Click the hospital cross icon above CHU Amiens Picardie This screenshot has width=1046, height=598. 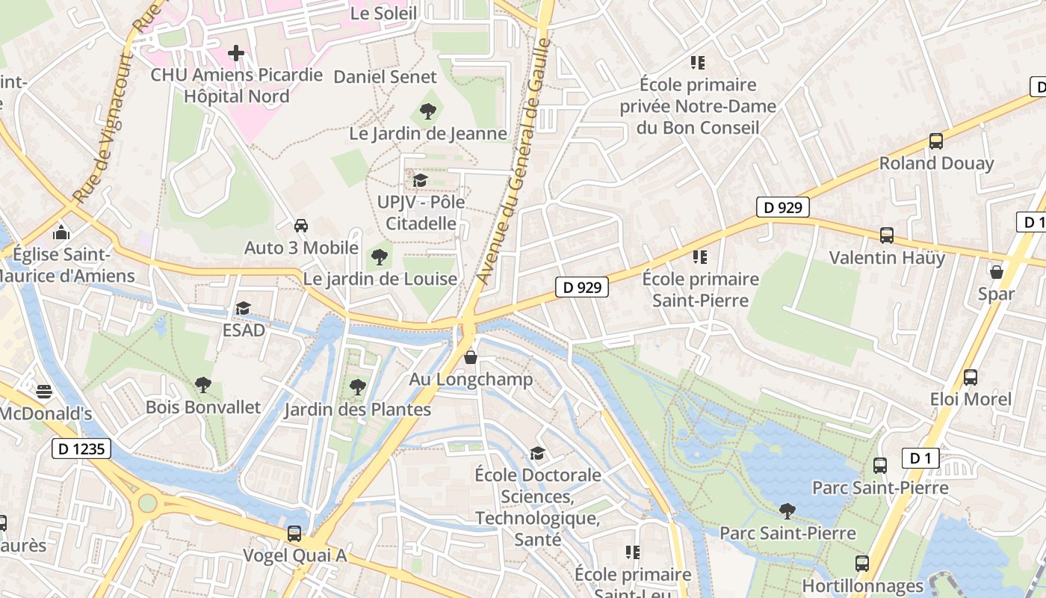click(x=236, y=53)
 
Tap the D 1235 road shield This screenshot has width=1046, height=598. click(x=81, y=449)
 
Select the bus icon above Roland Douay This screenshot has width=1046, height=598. click(x=935, y=141)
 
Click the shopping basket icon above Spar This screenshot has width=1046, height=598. click(x=996, y=271)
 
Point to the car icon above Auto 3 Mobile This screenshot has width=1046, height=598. click(x=300, y=225)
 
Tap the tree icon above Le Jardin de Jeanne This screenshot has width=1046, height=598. click(x=428, y=111)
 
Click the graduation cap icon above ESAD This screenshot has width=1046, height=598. click(x=243, y=308)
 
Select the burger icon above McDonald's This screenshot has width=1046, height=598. click(x=44, y=391)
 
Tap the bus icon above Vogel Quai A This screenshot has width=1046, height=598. click(x=294, y=534)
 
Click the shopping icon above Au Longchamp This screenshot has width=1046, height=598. click(x=471, y=357)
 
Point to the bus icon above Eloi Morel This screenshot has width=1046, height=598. click(x=970, y=377)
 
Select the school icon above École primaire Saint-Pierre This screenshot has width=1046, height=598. click(x=699, y=257)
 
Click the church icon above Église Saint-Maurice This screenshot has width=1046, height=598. click(x=61, y=232)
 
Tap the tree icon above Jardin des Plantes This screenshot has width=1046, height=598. click(x=358, y=387)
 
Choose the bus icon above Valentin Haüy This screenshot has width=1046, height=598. click(x=886, y=235)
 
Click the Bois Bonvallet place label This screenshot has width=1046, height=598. click(x=203, y=407)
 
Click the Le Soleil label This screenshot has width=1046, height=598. click(x=383, y=13)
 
